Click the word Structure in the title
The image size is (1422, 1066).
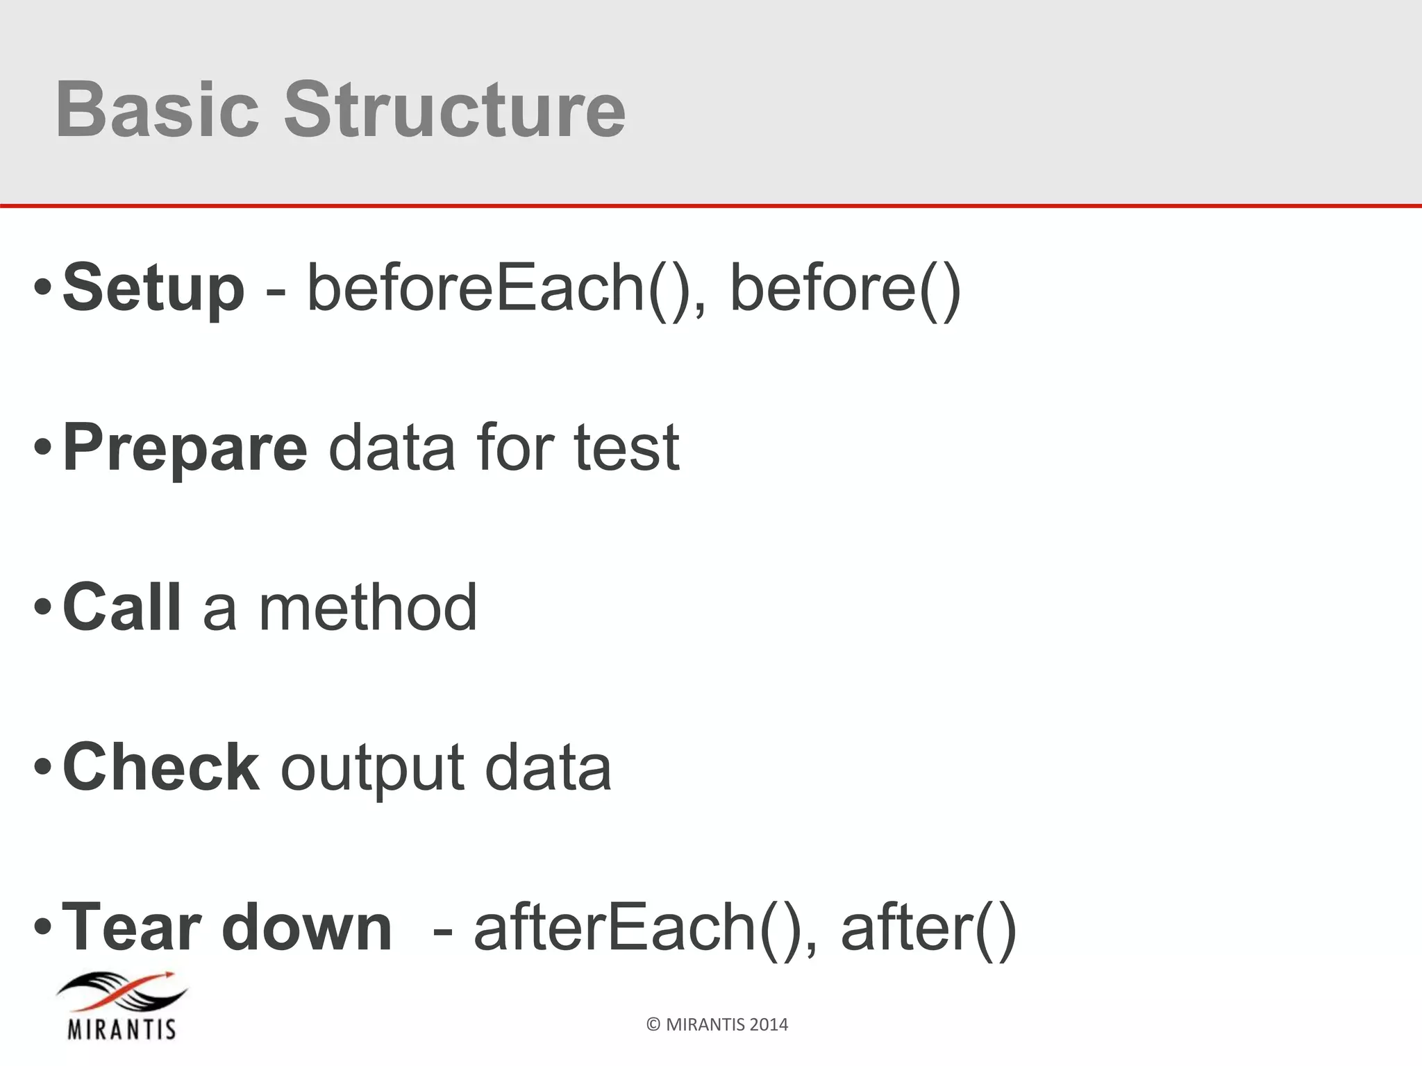(x=455, y=110)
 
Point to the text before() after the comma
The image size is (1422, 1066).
(x=845, y=287)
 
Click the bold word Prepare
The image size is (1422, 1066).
(x=185, y=448)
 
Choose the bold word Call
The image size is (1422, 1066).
(x=122, y=607)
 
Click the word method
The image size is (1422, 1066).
(x=368, y=607)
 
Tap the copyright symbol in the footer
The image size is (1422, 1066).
(x=653, y=1025)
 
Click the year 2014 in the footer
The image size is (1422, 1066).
(x=769, y=1025)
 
